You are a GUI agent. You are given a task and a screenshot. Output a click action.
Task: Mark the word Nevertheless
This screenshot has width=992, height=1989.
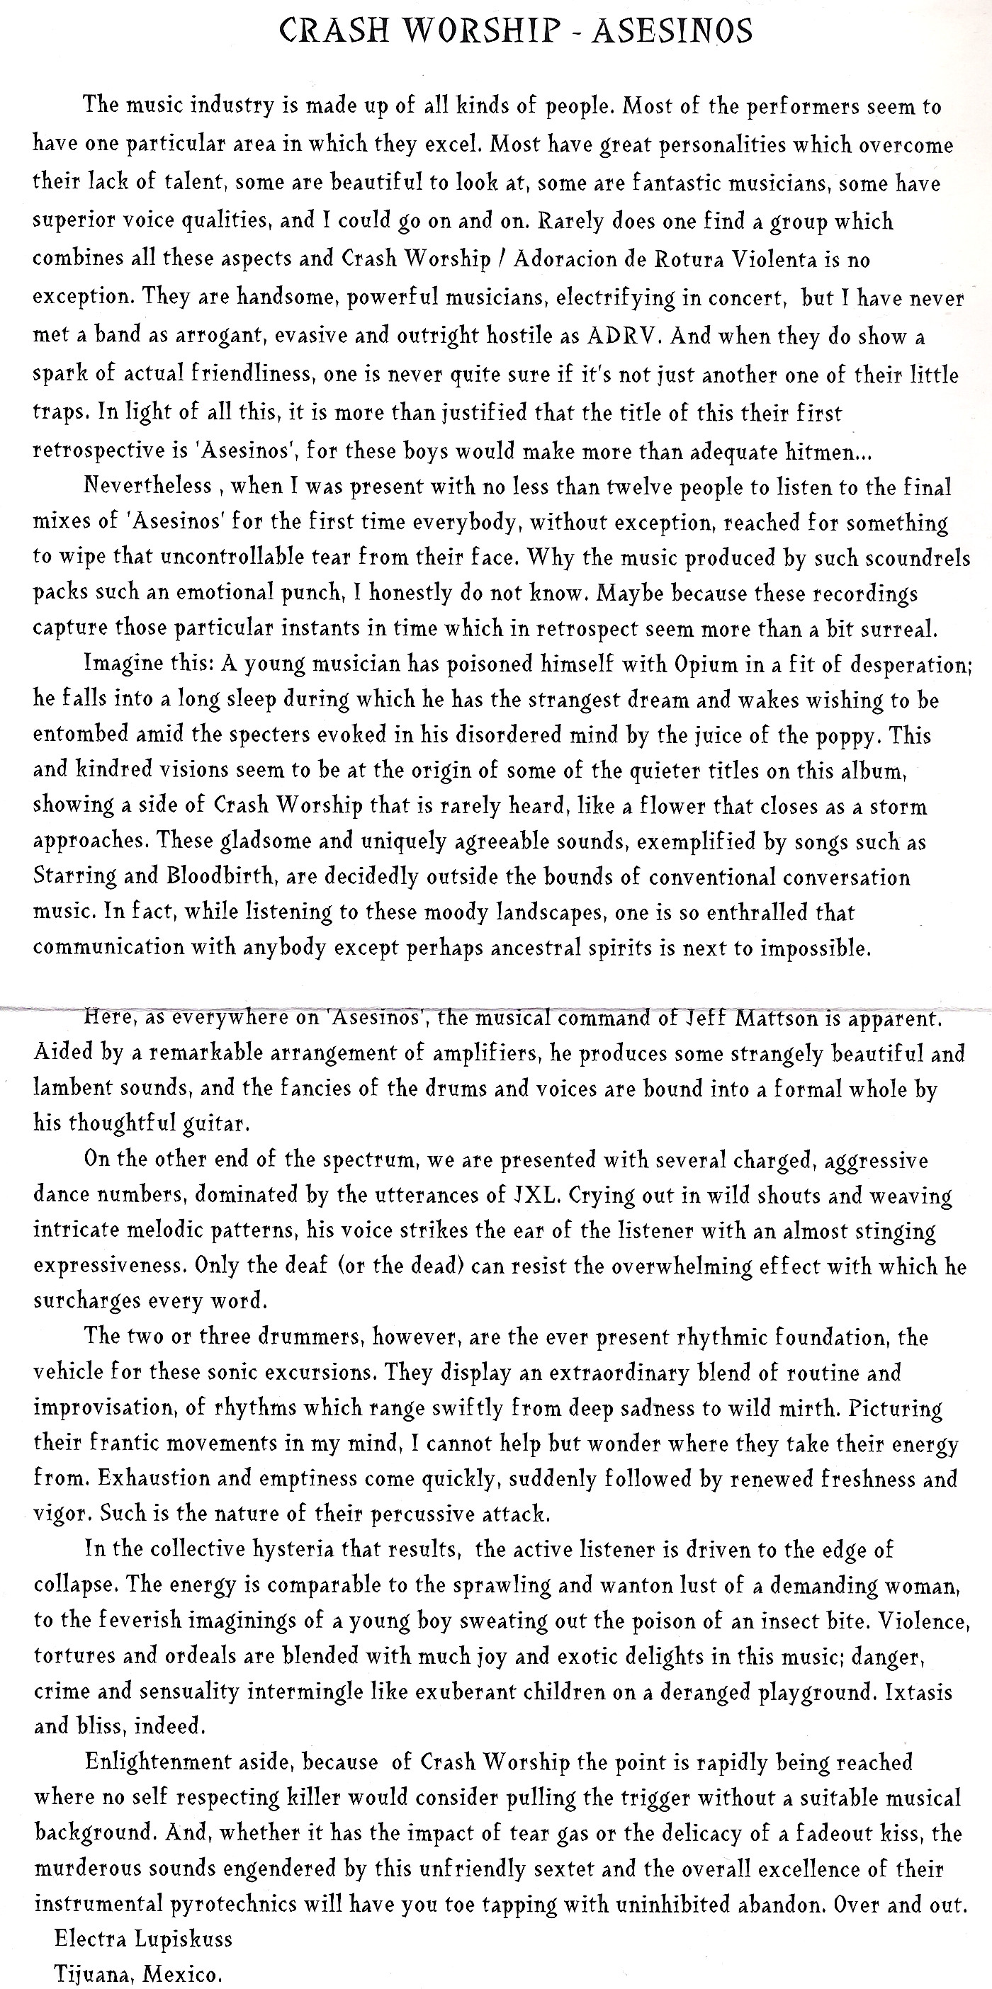click(147, 486)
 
